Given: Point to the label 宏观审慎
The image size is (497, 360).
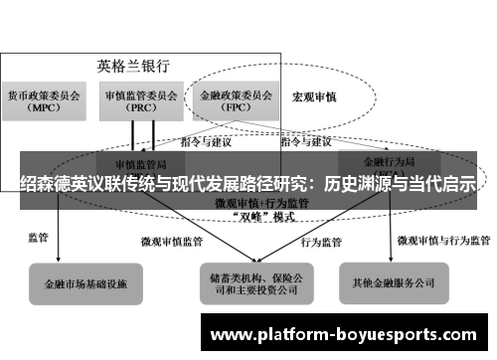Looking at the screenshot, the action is point(314,98).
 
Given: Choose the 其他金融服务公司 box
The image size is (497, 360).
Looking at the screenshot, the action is point(392,282).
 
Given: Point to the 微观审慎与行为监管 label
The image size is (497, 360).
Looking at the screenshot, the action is point(443,240).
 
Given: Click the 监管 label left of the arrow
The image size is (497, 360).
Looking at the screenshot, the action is point(40,239).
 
